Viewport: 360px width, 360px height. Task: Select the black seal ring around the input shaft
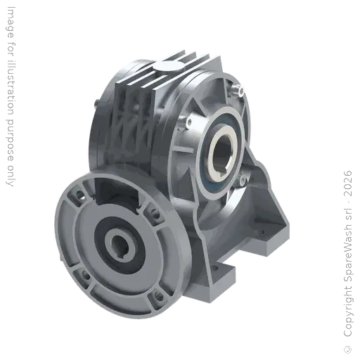click(104, 235)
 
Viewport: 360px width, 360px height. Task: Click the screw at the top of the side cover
click(241, 93)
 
